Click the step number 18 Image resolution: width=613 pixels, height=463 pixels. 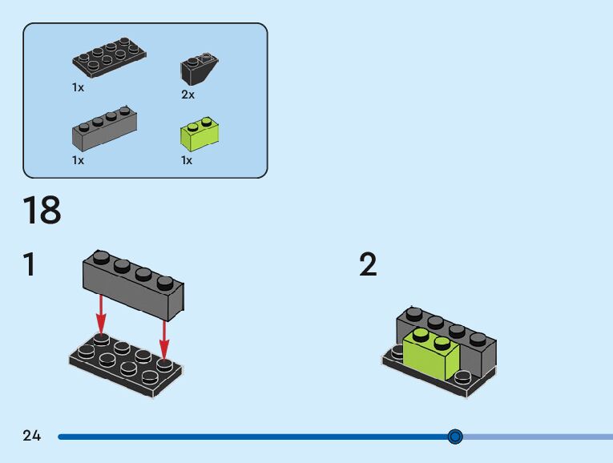point(42,210)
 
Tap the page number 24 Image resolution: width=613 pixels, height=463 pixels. point(32,435)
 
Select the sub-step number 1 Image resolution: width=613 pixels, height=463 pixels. point(30,264)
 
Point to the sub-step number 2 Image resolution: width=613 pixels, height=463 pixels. point(369,264)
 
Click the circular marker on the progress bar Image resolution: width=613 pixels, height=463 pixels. point(455,437)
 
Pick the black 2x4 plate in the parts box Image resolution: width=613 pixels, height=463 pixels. point(109,58)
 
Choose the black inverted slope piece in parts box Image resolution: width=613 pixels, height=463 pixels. point(199,68)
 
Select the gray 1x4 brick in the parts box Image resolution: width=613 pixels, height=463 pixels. point(104,128)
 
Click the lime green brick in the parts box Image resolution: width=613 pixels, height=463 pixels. point(200,134)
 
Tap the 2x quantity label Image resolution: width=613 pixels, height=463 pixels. point(188,95)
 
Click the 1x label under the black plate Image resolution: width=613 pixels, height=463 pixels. point(78,87)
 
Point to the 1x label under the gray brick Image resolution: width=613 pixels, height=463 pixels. point(78,160)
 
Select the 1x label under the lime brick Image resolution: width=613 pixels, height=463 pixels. point(187,160)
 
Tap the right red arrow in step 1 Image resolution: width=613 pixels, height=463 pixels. point(163,339)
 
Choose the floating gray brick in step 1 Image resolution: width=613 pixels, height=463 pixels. point(133,285)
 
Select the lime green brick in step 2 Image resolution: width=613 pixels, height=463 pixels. point(431,352)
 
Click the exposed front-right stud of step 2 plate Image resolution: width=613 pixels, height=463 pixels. point(463,377)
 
